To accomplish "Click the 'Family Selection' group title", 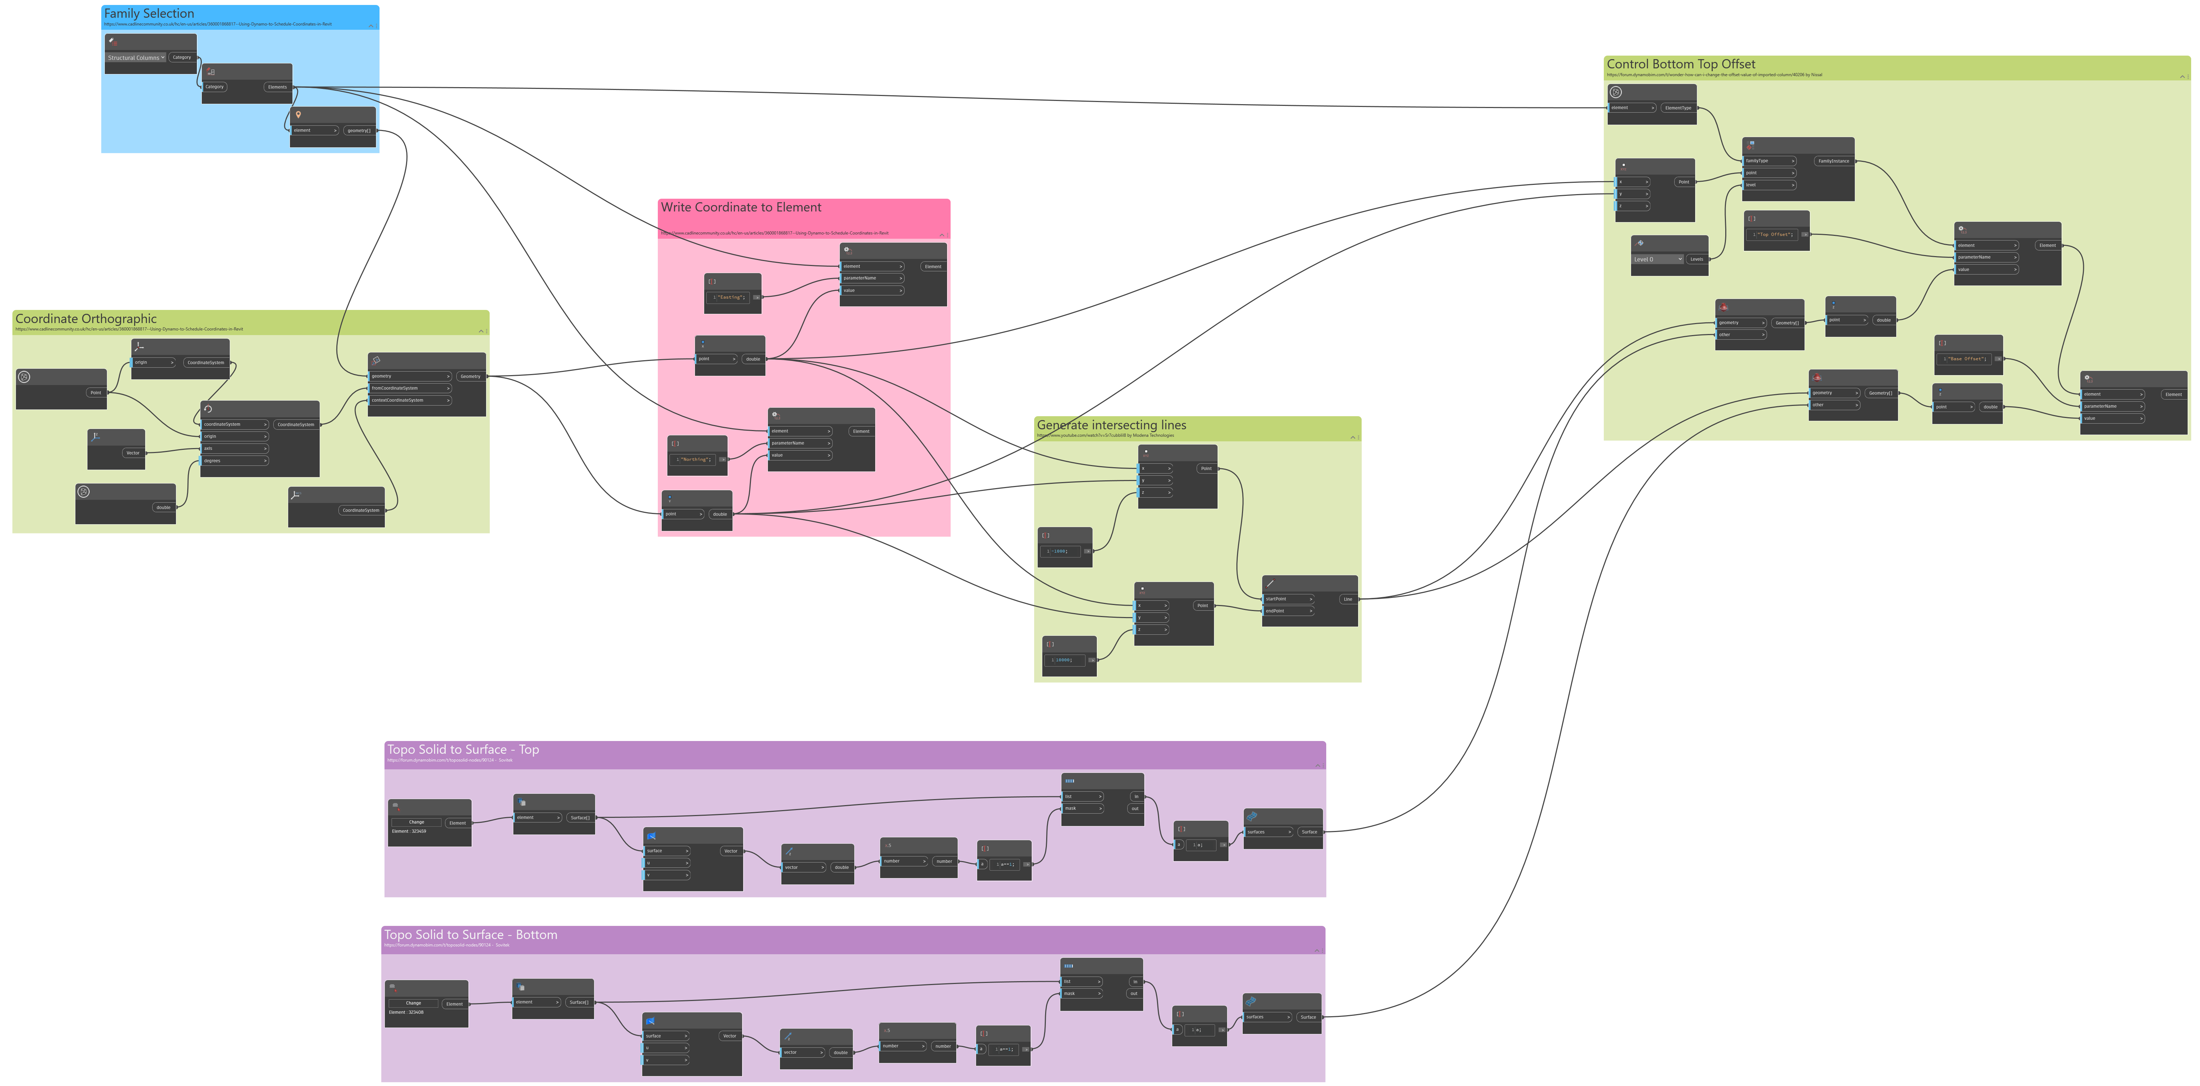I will pos(149,14).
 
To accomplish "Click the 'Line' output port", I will pos(1348,599).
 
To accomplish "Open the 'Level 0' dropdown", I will pos(1657,259).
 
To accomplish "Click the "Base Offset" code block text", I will pos(1964,359).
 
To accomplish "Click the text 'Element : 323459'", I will pos(409,831).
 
